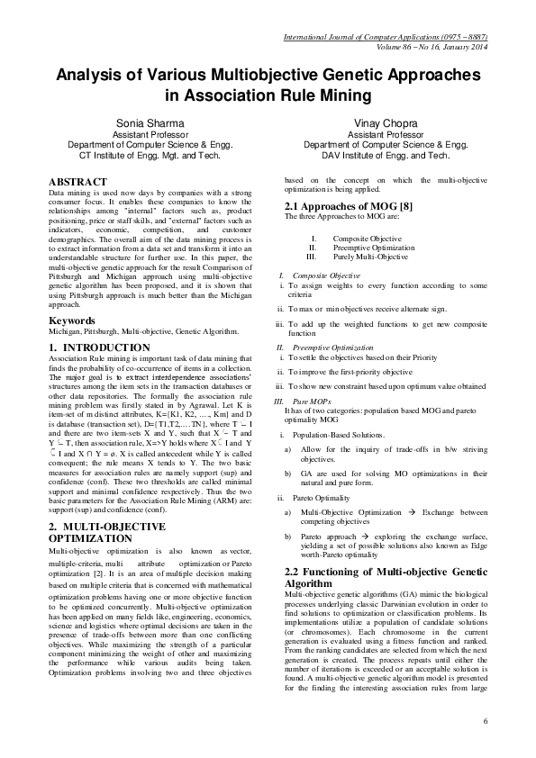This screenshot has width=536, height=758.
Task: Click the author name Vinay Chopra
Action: [388, 122]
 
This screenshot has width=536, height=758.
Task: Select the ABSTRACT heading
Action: [78, 182]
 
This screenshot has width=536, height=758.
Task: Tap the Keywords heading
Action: [72, 320]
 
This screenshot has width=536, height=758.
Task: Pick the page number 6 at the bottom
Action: [485, 721]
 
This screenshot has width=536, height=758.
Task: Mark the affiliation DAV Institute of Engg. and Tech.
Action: [388, 155]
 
